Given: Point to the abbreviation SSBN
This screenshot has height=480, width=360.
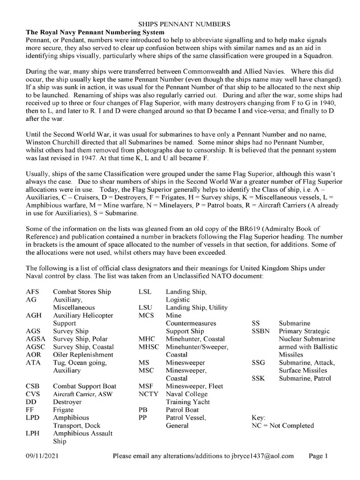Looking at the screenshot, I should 261,331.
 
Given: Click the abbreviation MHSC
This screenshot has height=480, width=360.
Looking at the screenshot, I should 149,347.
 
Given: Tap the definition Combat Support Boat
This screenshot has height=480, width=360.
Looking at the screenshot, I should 84,386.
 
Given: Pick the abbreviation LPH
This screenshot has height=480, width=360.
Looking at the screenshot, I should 33,434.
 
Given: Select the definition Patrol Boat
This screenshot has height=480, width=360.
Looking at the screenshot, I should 182,410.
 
